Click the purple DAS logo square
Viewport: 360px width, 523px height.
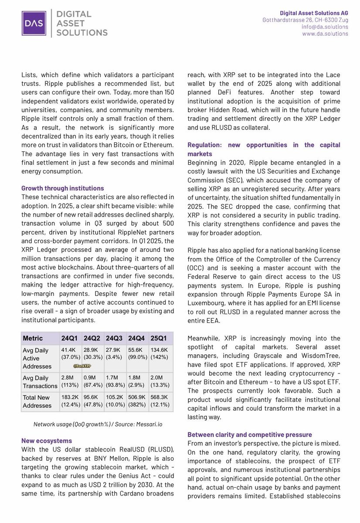[34, 23]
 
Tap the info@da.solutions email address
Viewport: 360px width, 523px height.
[325, 27]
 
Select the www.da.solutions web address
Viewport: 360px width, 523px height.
[325, 34]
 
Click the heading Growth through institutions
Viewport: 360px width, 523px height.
[63, 188]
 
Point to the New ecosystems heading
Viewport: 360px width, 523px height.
[47, 441]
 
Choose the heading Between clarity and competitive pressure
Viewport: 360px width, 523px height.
[250, 435]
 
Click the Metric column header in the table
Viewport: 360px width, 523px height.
[33, 338]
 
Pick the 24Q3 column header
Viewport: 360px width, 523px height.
[114, 338]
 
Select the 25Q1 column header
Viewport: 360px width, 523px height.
[159, 338]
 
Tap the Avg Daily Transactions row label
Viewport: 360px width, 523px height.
[40, 382]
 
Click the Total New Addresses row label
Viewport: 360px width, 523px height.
[37, 401]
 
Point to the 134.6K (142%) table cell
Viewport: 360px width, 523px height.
[160, 353]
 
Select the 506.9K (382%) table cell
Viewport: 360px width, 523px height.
[137, 401]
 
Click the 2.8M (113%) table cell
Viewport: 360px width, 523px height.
[70, 382]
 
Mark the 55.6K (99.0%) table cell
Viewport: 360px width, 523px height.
[137, 353]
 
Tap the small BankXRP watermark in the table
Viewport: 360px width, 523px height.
[82, 366]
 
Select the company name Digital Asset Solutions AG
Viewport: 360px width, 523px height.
[314, 14]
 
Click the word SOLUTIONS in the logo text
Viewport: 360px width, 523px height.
[82, 32]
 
